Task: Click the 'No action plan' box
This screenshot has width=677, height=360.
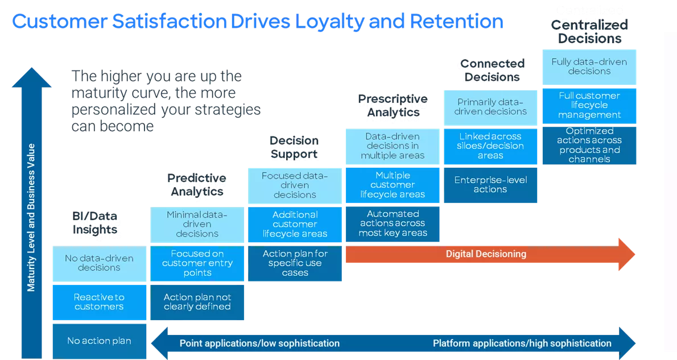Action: [x=99, y=341]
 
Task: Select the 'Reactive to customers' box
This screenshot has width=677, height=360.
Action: [x=99, y=302]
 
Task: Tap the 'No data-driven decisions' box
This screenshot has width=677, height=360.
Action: [x=99, y=263]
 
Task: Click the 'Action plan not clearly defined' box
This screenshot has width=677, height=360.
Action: [x=197, y=302]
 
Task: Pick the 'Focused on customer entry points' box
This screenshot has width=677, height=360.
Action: [x=197, y=263]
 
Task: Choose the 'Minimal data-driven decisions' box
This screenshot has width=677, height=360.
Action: [x=197, y=225]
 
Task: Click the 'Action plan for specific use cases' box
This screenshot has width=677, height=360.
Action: [x=295, y=263]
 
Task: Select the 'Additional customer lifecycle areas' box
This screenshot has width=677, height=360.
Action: [x=295, y=225]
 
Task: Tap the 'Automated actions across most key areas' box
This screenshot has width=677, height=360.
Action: [x=393, y=224]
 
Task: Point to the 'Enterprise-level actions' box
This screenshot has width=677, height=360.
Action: [x=490, y=185]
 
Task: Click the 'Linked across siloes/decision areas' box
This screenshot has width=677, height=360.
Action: [x=490, y=146]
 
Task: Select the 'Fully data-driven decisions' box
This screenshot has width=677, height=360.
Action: [x=589, y=67]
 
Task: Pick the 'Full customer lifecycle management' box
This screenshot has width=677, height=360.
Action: [x=589, y=105]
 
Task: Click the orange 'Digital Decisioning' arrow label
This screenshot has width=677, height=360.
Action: [x=485, y=254]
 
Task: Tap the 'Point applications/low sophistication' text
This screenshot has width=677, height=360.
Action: [x=259, y=344]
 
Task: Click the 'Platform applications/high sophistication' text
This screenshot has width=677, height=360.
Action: [x=522, y=344]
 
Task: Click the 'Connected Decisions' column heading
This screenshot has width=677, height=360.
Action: [x=490, y=72]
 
